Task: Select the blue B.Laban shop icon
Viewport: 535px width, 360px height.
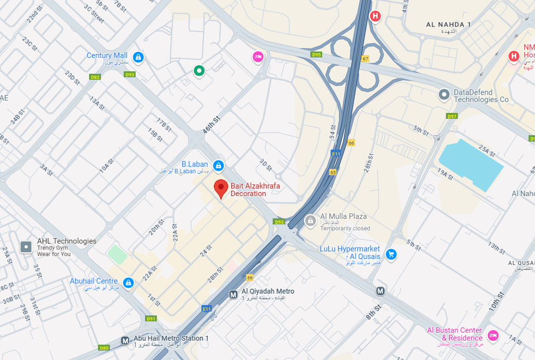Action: (x=218, y=165)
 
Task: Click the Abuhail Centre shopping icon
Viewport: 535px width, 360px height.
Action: (x=128, y=283)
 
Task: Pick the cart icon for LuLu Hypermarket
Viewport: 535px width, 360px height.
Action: (x=391, y=254)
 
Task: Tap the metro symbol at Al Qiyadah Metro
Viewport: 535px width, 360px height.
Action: (x=234, y=295)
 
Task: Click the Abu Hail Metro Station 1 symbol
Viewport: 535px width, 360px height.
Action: (x=125, y=341)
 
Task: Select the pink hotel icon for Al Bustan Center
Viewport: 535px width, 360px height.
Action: (x=492, y=335)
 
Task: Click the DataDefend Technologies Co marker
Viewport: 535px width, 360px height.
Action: (x=444, y=94)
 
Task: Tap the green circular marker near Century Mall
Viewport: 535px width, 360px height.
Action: (x=199, y=71)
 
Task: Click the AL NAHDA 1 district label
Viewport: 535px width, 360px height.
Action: (x=448, y=24)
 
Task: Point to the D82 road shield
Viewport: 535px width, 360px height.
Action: (x=95, y=77)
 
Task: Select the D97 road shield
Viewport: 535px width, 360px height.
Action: (x=451, y=116)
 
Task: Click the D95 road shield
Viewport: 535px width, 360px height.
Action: (x=316, y=54)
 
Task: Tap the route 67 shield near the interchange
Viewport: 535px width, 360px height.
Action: (x=365, y=59)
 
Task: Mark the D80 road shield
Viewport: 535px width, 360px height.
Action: (x=104, y=348)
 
